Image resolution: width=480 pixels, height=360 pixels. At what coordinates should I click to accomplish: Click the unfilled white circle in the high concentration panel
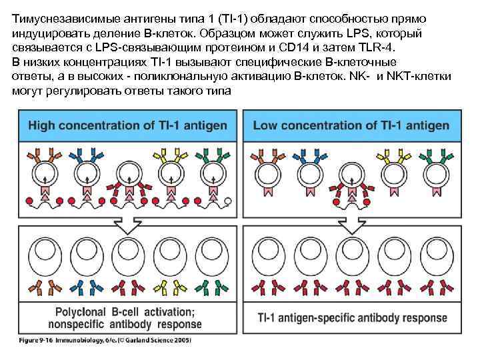click(227, 201)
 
